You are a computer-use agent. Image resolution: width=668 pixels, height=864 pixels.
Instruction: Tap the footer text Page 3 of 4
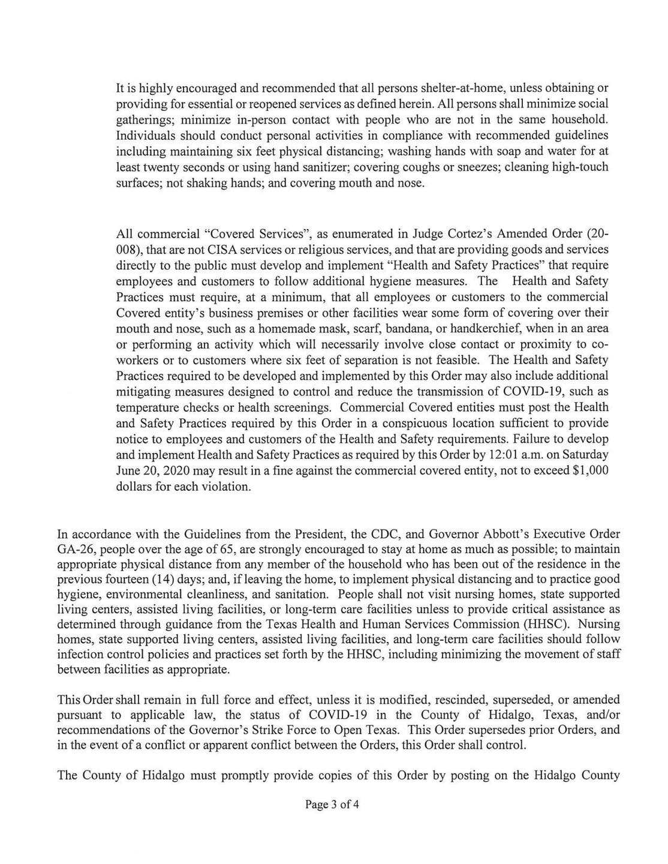coord(332,805)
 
